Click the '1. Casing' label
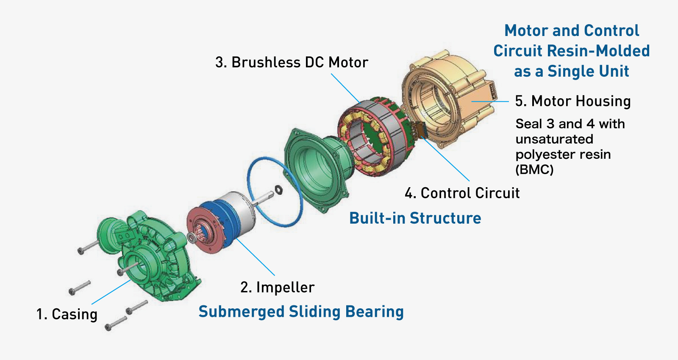[67, 314]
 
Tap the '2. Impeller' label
[277, 287]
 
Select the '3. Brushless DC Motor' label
[292, 62]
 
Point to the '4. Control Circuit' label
[462, 193]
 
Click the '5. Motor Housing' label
[572, 101]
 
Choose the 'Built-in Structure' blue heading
[415, 218]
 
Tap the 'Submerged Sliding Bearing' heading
[301, 312]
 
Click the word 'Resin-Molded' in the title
[598, 51]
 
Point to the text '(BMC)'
[534, 169]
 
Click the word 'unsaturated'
[554, 139]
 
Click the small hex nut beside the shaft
[278, 189]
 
